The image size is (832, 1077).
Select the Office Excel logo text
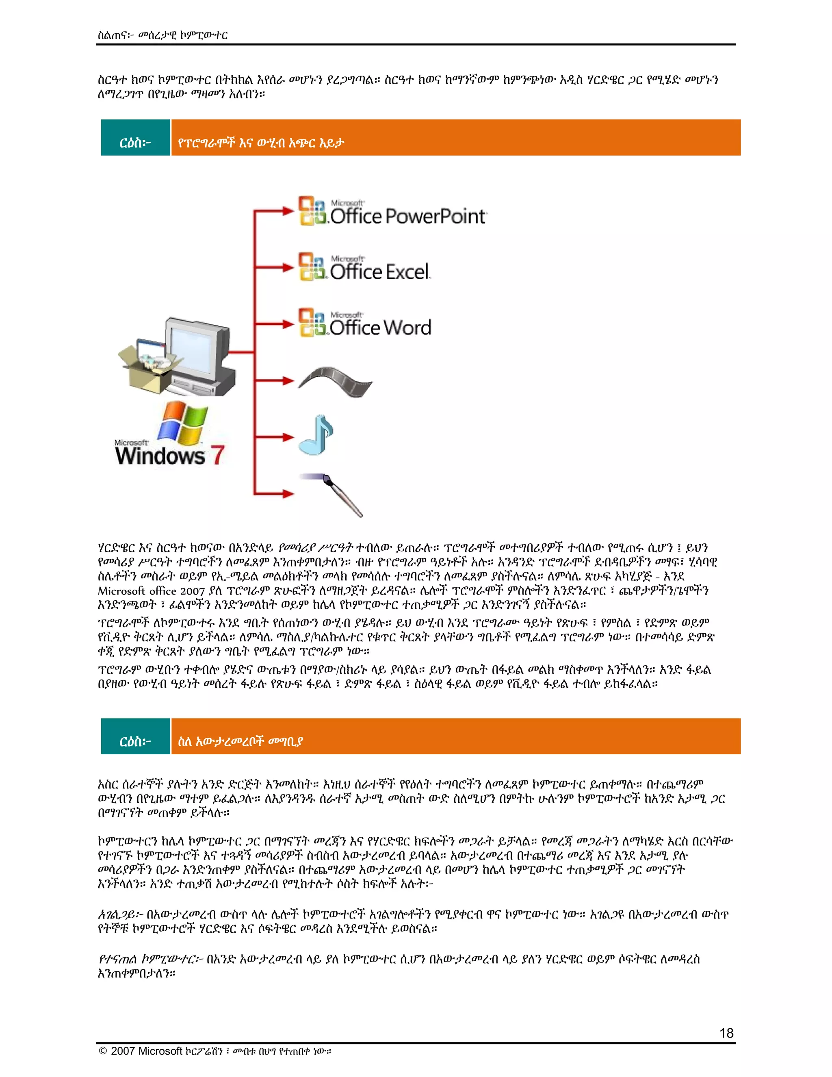point(379,272)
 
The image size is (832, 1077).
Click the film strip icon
point(335,381)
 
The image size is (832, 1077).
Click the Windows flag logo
point(182,423)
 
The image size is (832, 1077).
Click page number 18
point(726,1033)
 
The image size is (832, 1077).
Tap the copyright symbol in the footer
point(103,1051)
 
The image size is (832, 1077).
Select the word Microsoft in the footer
point(160,1051)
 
